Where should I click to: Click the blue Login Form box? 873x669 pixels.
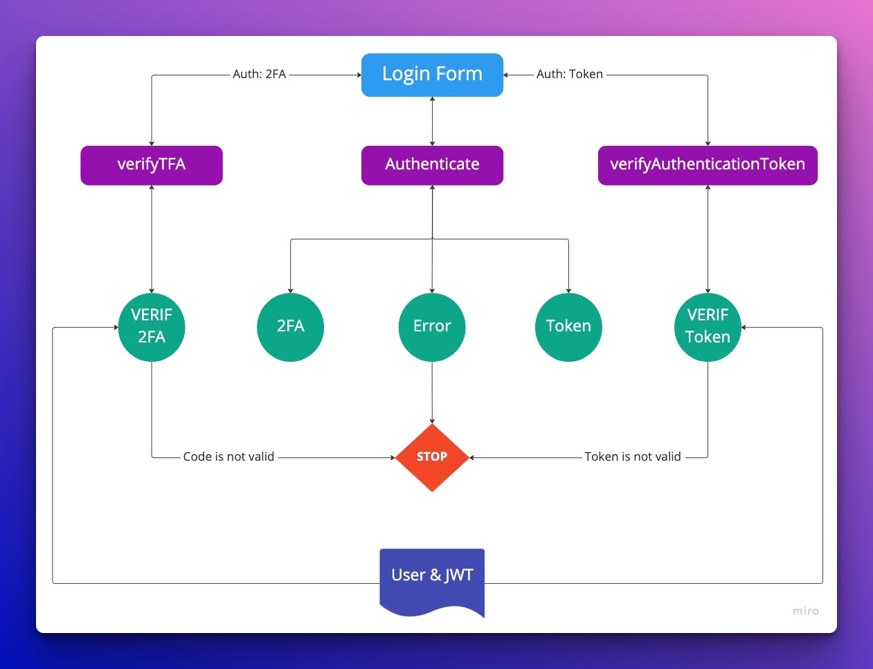tap(432, 74)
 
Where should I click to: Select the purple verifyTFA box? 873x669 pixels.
tap(152, 165)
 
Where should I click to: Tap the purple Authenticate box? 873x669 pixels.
tap(432, 165)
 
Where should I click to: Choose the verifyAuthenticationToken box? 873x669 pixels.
tap(707, 165)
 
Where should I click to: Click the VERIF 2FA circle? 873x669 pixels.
tap(152, 327)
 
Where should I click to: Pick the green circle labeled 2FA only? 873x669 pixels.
tap(290, 327)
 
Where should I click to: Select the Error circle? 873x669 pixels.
tap(432, 327)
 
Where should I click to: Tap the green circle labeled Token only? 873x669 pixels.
tap(568, 327)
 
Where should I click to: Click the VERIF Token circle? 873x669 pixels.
tap(708, 327)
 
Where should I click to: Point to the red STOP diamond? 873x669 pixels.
tap(432, 457)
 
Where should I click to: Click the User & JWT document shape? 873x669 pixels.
tap(432, 578)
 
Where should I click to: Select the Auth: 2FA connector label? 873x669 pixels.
tap(259, 74)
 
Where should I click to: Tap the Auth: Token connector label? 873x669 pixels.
tap(569, 74)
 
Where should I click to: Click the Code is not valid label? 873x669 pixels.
tap(228, 457)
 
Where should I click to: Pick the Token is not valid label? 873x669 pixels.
tap(632, 457)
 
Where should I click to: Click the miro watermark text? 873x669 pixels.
tap(805, 611)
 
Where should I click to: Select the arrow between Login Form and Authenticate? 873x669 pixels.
tap(432, 121)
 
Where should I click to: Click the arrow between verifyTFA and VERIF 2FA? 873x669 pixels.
tap(152, 239)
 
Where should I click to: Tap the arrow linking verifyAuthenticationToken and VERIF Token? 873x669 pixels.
tap(708, 239)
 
